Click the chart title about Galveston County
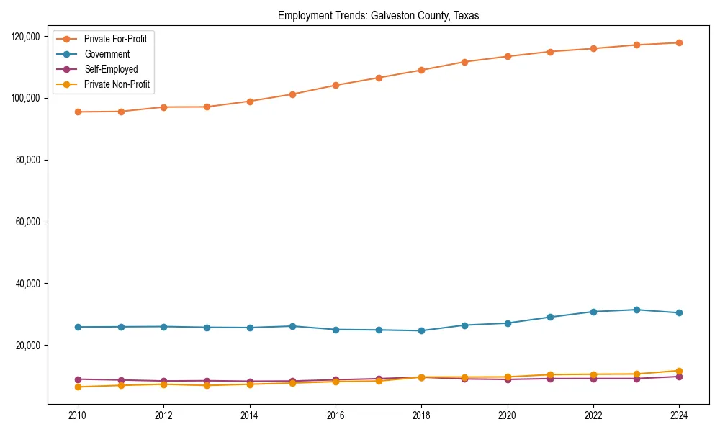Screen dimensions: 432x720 379,15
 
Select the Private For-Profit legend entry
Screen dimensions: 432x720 115,39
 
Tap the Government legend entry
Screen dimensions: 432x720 107,54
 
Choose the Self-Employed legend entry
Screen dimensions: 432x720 110,69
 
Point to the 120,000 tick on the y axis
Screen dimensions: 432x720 28,36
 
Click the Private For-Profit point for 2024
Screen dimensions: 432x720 679,42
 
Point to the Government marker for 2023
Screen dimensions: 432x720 636,310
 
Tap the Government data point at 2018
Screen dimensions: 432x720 421,330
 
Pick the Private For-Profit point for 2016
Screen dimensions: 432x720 336,85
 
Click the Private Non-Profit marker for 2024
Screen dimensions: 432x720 679,371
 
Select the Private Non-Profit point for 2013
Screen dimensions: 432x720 207,385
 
